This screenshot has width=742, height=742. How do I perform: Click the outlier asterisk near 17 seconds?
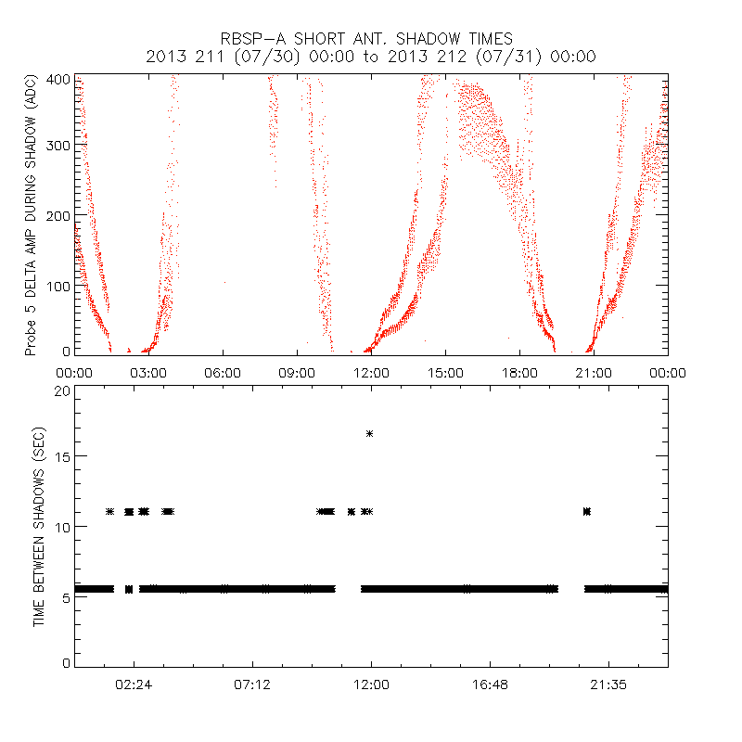click(x=370, y=433)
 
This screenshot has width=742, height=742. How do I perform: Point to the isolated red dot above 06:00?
click(x=224, y=283)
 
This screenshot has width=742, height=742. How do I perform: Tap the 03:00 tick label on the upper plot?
click(x=148, y=373)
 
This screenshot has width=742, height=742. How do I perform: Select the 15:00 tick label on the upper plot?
click(x=445, y=373)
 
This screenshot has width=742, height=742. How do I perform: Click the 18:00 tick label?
click(x=519, y=373)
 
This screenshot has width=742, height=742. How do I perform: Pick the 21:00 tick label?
click(x=594, y=373)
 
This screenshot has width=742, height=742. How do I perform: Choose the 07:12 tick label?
click(x=252, y=684)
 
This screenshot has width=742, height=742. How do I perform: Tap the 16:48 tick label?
click(x=490, y=684)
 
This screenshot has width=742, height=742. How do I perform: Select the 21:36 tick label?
click(x=608, y=684)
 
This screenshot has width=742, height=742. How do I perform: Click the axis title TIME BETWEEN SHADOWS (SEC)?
click(x=39, y=527)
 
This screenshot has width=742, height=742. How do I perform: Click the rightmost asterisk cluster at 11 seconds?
click(x=586, y=511)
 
